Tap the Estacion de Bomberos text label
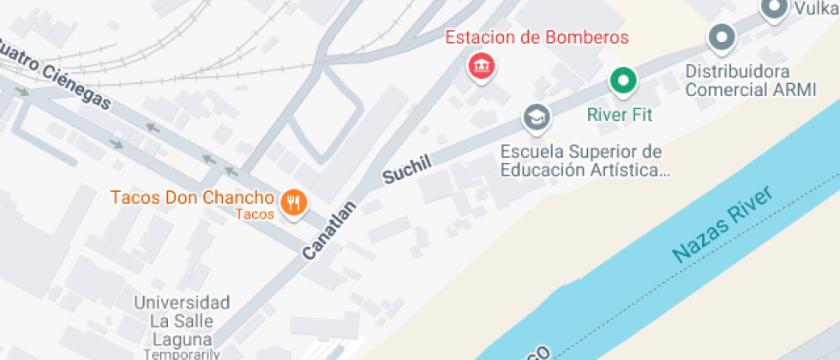537,38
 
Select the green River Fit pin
623,81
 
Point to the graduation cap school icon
537,117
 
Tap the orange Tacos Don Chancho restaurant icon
295,202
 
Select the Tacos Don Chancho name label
192,198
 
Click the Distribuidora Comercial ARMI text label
750,80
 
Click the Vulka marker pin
775,9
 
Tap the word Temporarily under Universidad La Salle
182,353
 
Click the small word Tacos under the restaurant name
255,214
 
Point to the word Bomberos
589,38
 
